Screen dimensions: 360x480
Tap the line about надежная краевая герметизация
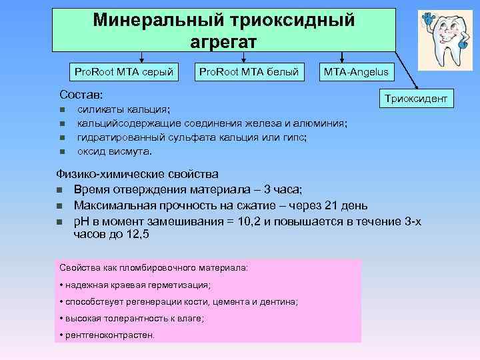tap(137, 285)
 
